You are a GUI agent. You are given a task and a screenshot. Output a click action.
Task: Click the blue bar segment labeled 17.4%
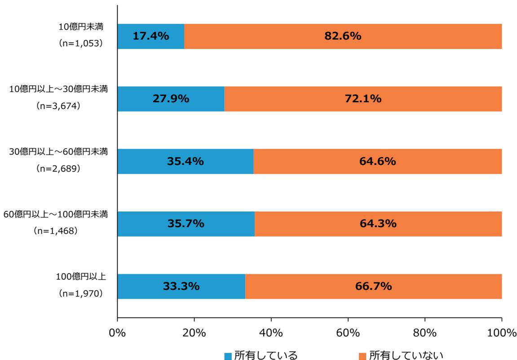point(150,36)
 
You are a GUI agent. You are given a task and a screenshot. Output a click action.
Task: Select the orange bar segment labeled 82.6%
point(343,36)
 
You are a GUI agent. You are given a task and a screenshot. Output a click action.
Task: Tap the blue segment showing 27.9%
point(171,99)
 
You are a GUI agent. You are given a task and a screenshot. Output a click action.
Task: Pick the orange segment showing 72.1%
point(363,99)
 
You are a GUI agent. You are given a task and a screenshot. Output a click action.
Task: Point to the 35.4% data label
point(185,161)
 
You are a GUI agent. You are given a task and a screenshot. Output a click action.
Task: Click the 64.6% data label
point(377,161)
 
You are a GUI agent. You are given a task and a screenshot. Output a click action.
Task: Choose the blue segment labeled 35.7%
point(186,224)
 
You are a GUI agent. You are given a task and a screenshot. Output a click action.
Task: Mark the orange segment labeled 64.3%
point(378,224)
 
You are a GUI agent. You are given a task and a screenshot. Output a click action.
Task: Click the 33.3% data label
point(181,286)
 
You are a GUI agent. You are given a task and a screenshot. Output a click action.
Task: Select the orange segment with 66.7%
point(373,286)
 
